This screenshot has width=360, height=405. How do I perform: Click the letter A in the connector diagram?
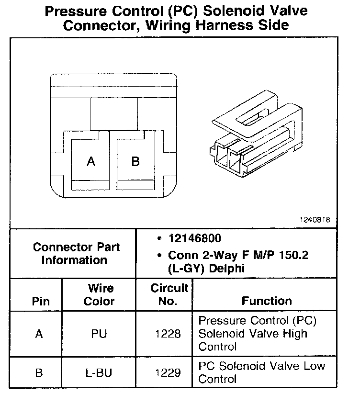(91, 162)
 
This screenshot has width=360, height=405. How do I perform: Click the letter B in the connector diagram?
(135, 161)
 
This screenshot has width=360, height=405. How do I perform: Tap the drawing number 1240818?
(315, 220)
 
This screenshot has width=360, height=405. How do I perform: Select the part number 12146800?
(194, 238)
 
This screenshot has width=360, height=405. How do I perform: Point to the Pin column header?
(40, 302)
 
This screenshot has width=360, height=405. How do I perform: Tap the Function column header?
(267, 301)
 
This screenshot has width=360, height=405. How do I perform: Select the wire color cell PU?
(99, 334)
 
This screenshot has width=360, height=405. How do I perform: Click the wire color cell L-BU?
(99, 372)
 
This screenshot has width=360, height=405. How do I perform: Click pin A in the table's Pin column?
(39, 334)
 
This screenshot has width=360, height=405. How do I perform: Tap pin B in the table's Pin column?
(39, 372)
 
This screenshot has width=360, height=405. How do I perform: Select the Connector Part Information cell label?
(76, 254)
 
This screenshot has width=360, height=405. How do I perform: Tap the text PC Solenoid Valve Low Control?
(261, 372)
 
